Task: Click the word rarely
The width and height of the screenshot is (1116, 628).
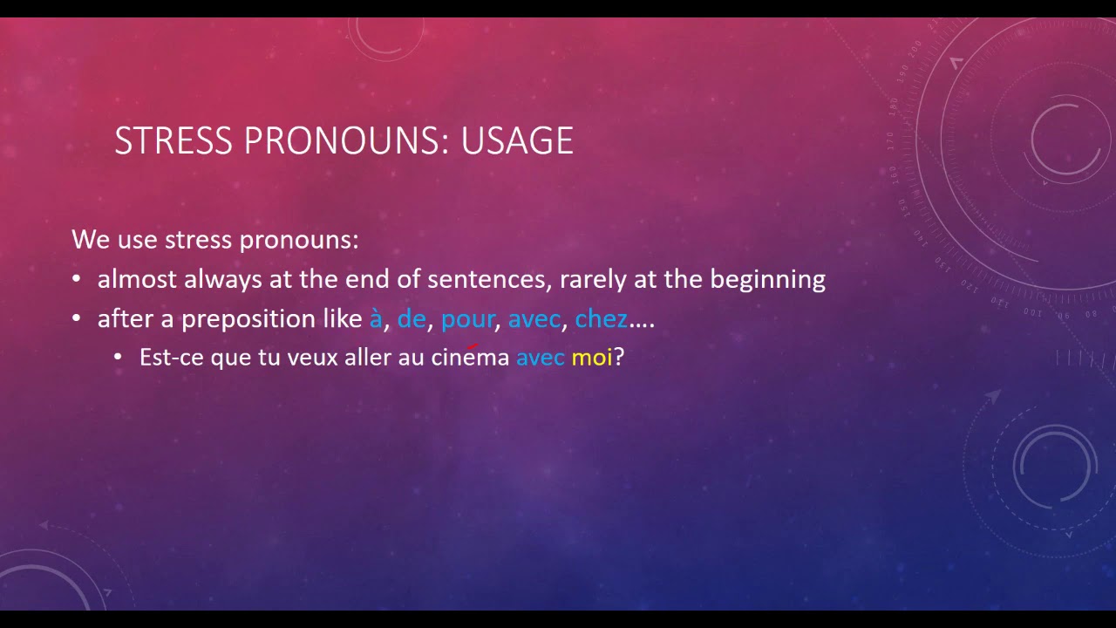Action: [595, 280]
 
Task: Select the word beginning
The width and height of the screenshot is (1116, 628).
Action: [767, 280]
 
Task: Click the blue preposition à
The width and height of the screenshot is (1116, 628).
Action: [376, 319]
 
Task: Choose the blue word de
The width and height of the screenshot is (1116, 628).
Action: [412, 319]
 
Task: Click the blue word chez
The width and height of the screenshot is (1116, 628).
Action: [602, 319]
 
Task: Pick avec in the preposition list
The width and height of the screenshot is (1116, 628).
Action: [534, 319]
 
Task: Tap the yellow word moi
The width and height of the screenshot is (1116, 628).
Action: [592, 357]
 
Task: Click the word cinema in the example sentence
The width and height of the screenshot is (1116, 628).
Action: [470, 358]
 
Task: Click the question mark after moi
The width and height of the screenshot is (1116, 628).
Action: [619, 357]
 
